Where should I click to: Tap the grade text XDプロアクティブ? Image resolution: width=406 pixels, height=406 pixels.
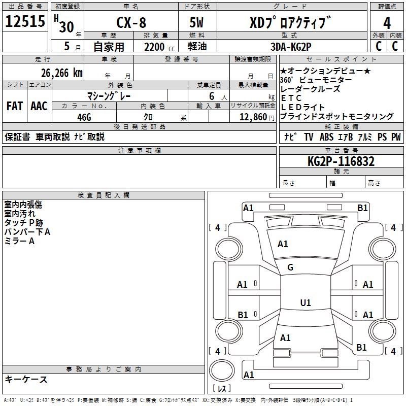point(290,23)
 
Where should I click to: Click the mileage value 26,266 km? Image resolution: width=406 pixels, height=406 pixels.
point(62,73)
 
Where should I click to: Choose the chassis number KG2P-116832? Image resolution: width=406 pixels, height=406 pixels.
point(342,162)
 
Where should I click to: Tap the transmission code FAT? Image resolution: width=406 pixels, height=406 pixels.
point(15,106)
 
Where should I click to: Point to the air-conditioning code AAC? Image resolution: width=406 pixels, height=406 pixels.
point(39,106)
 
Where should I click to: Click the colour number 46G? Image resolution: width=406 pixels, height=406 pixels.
point(84,117)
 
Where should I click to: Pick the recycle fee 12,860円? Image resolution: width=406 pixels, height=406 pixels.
point(253,117)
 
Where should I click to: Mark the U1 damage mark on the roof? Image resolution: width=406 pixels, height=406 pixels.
point(305,303)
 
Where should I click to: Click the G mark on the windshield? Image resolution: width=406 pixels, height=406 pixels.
point(290,267)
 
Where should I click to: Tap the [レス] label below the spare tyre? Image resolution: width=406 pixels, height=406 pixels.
point(221,389)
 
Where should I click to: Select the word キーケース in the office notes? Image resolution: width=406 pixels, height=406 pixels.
point(26,379)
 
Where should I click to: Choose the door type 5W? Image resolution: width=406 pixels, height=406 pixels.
point(198,23)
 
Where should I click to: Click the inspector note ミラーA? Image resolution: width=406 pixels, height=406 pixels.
point(19,241)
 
